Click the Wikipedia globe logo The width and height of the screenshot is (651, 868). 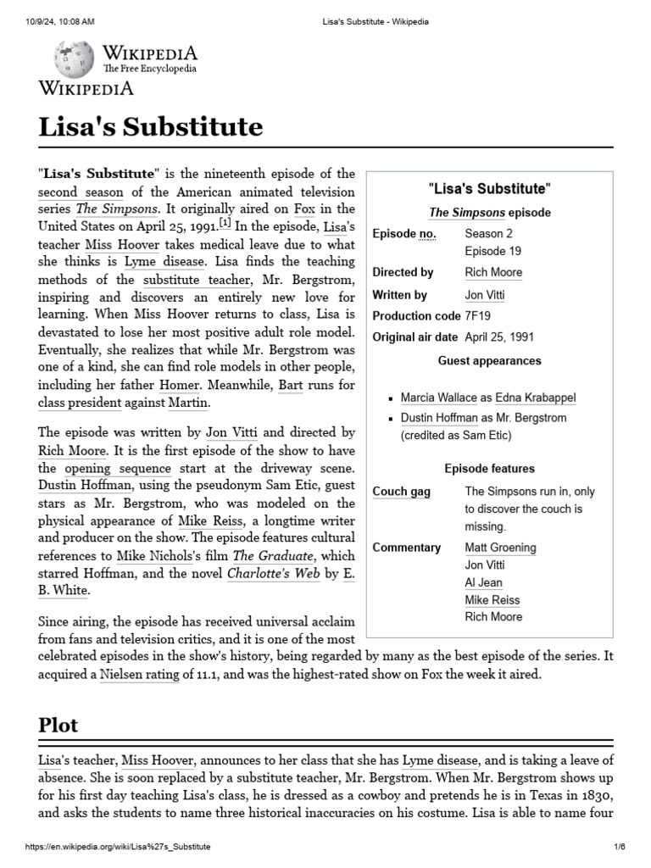[74, 59]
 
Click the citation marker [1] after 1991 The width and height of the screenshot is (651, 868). [225, 223]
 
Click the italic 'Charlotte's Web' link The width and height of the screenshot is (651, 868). [268, 574]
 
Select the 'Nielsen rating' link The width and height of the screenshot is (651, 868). [139, 674]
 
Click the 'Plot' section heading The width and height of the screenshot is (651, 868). [58, 725]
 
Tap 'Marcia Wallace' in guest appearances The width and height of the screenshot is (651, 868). [440, 397]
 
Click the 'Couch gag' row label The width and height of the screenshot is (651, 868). [401, 492]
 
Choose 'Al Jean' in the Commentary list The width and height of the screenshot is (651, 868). [483, 582]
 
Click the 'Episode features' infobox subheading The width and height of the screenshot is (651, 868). [489, 468]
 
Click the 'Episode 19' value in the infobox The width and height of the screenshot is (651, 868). [492, 251]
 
